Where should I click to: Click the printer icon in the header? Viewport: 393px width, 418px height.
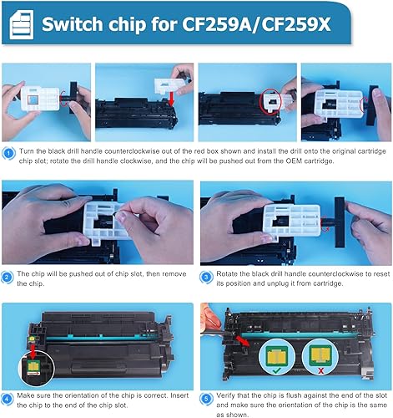click(x=22, y=24)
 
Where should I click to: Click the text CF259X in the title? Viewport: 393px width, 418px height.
click(x=296, y=24)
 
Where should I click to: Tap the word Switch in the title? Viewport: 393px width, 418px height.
click(x=73, y=24)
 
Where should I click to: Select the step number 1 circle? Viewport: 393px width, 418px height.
click(x=8, y=154)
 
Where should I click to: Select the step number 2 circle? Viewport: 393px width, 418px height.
click(x=7, y=277)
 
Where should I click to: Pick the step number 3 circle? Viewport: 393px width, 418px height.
click(x=206, y=277)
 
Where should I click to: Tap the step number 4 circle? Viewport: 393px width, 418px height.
click(x=7, y=399)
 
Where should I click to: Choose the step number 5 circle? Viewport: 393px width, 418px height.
click(x=206, y=399)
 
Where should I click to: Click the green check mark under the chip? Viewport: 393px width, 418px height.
click(x=277, y=370)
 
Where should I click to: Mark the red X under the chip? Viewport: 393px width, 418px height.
click(x=320, y=370)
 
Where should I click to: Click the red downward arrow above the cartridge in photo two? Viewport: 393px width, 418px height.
click(x=172, y=99)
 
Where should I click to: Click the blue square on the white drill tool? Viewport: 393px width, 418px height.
click(x=34, y=99)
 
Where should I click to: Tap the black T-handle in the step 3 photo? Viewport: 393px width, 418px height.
click(x=340, y=222)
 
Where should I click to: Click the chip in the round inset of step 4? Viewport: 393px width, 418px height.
click(x=33, y=366)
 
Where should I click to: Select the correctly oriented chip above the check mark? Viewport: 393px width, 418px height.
click(x=277, y=356)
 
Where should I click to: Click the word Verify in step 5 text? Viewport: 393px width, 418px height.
click(x=224, y=395)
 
